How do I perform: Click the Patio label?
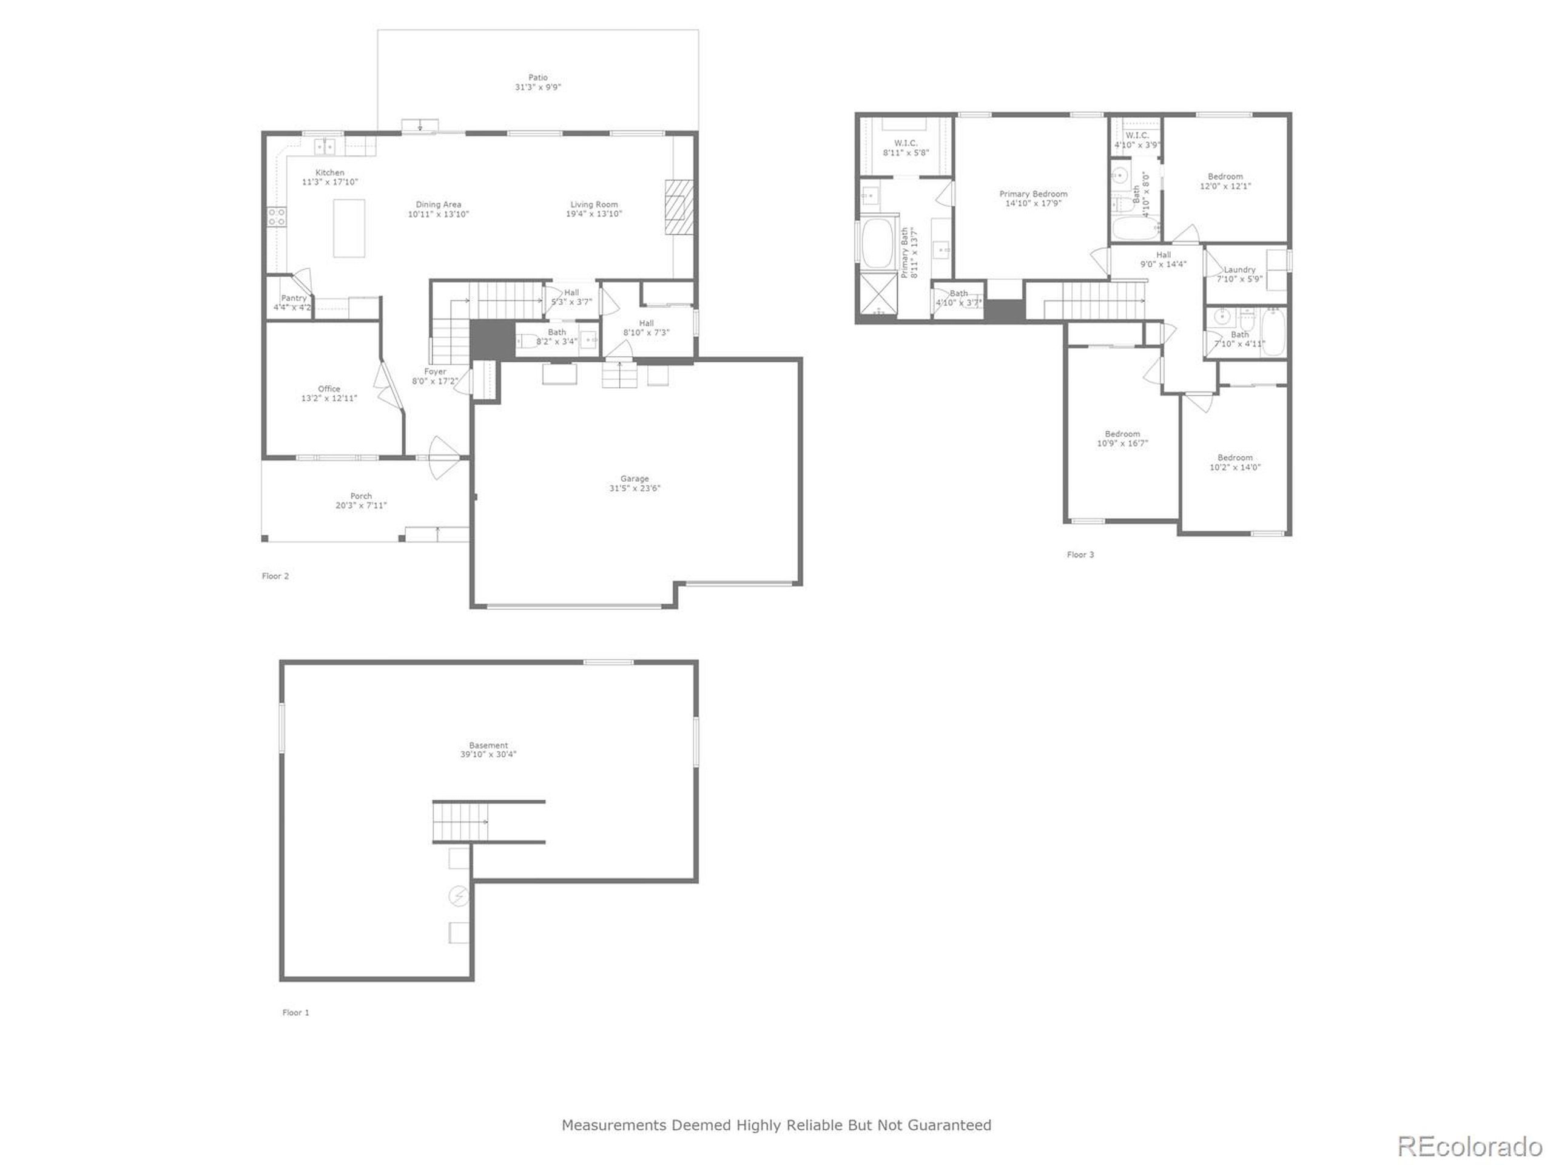[x=538, y=78]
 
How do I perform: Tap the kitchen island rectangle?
[x=349, y=228]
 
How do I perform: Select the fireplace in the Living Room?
[x=679, y=206]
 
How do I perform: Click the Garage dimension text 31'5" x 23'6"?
[x=635, y=488]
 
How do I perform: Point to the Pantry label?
[x=294, y=299]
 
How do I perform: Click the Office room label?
[x=329, y=389]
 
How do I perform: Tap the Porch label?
[x=361, y=496]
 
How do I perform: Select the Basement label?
[x=488, y=746]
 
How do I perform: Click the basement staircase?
[x=460, y=822]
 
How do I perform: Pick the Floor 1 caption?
[x=295, y=1013]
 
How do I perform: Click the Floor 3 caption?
[x=1080, y=555]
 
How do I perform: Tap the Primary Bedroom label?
[x=1033, y=194]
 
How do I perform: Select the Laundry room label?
[x=1239, y=269]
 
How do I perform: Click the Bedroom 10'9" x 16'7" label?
[x=1122, y=434]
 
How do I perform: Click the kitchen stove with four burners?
[x=277, y=216]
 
